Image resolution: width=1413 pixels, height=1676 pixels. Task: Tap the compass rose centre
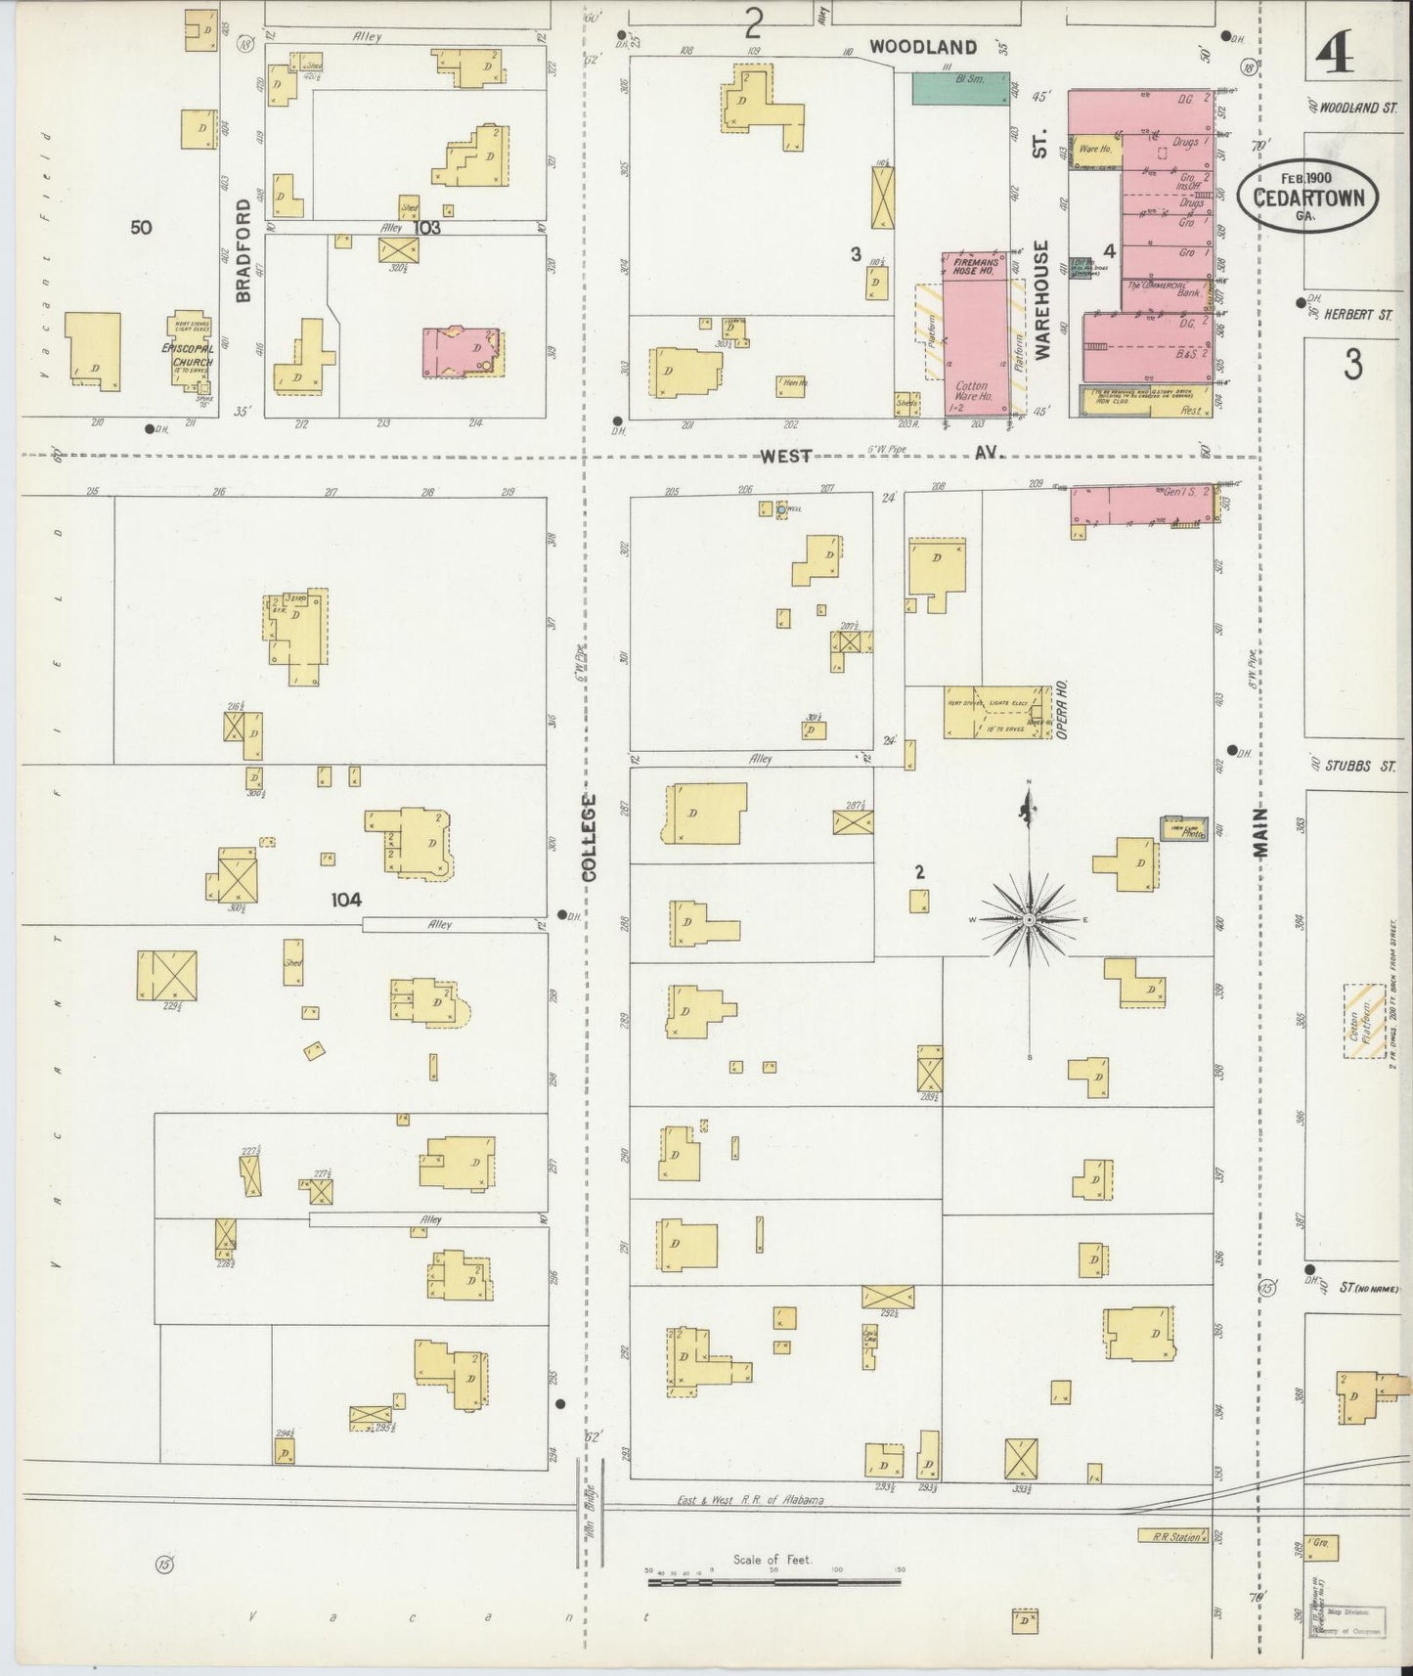pos(1029,920)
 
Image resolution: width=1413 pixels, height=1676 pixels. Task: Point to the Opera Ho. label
pos(1061,708)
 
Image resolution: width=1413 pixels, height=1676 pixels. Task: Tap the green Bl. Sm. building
pos(961,87)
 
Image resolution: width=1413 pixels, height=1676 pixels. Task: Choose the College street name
pos(590,837)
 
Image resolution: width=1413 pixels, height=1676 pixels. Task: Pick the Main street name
pos(1260,833)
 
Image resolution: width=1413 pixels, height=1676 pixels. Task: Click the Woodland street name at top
pos(923,47)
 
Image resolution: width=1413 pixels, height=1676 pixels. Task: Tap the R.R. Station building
pos(1173,1535)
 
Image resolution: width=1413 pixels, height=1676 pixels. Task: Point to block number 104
pos(346,900)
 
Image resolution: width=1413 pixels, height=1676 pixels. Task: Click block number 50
pos(141,228)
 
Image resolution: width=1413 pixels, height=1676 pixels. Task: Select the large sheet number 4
pos(1334,54)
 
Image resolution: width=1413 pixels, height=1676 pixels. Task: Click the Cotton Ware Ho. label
pos(974,391)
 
